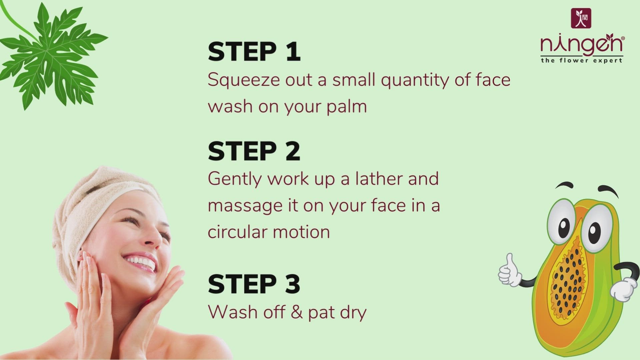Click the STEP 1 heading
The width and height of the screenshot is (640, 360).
[254, 52]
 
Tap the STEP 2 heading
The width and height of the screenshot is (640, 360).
[254, 151]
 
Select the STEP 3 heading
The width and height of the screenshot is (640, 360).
[254, 284]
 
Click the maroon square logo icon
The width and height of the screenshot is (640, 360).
[581, 18]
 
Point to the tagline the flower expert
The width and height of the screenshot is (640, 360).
[582, 60]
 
